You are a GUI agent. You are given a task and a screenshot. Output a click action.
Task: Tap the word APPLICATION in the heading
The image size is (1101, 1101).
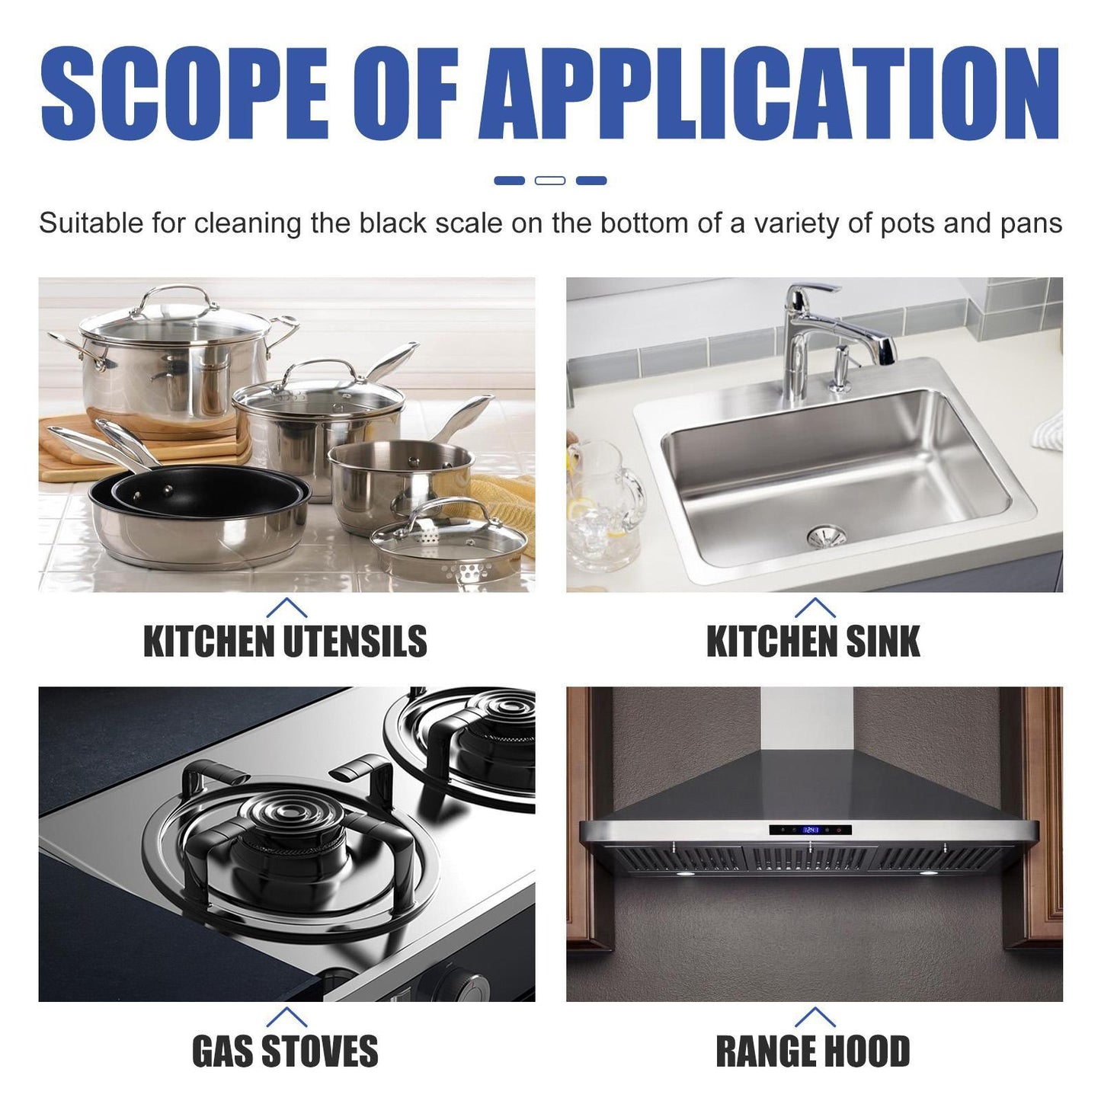770,94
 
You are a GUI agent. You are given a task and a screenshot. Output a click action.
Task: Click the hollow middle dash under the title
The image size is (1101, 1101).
550,181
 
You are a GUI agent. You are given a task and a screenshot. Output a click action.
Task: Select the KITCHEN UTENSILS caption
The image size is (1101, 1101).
285,642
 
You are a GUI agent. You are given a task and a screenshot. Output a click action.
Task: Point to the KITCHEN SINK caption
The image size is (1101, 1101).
813,642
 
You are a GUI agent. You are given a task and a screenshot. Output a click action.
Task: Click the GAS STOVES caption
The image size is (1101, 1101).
285,1051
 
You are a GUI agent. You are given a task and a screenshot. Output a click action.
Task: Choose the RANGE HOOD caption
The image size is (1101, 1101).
813,1051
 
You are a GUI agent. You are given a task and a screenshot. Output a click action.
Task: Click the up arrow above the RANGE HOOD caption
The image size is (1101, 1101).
815,1016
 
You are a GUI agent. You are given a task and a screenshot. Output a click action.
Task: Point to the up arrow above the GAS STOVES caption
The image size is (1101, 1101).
286,1016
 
